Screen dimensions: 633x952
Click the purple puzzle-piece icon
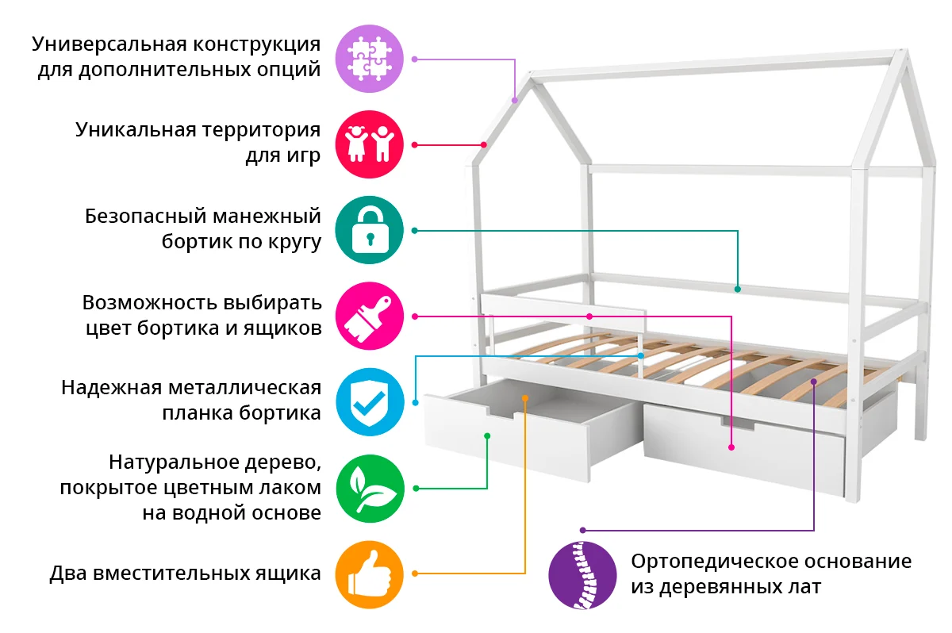(370, 59)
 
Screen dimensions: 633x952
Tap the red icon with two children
(370, 144)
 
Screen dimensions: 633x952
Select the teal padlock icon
(370, 230)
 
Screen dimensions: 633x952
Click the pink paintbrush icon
(370, 316)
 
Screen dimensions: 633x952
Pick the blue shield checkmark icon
(370, 401)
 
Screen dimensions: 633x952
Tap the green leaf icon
(370, 487)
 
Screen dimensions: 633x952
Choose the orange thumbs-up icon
(370, 574)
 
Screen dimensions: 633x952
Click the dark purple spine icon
(582, 574)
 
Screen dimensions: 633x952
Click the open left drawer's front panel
(508, 444)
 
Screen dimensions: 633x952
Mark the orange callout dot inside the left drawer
(525, 397)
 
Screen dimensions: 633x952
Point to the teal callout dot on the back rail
(738, 289)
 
